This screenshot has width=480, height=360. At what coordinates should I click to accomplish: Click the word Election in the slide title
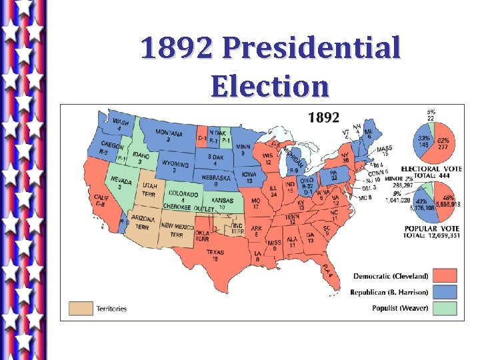click(270, 86)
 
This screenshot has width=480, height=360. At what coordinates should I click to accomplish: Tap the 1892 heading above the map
click(323, 118)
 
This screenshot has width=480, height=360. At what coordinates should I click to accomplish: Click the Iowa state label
click(249, 176)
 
